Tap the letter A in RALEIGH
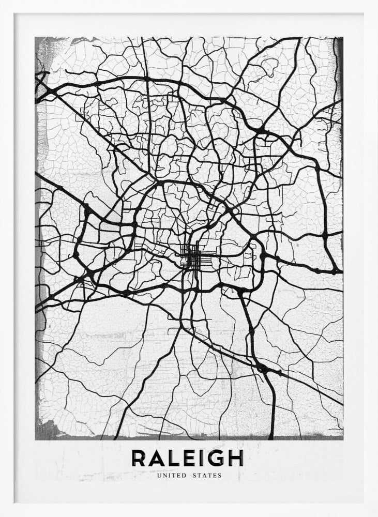(158, 458)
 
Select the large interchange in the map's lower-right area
(263, 368)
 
